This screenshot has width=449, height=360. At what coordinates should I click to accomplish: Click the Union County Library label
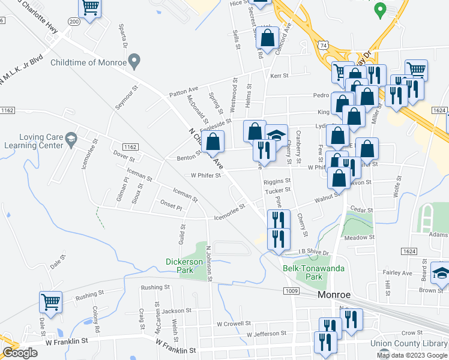pos(409,343)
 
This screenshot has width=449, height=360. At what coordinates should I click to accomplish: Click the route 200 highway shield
pos(74,21)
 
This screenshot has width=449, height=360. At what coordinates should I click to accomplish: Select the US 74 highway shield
pos(324,45)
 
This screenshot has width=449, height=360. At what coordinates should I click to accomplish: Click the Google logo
pos(20,353)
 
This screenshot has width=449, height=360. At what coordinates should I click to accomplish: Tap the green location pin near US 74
pos(379,10)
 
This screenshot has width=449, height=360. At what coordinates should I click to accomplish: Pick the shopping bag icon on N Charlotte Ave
pos(213,143)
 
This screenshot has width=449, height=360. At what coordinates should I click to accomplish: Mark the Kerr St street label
pos(280,76)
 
